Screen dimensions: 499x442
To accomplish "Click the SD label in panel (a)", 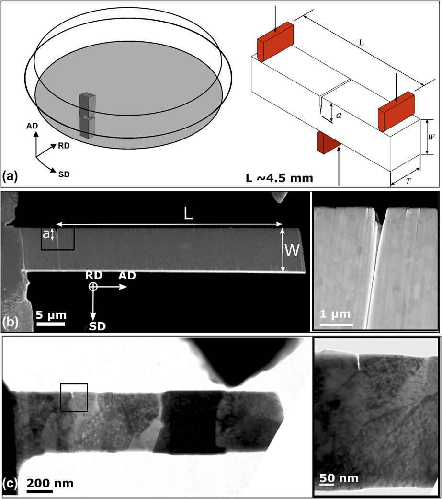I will coord(63,174).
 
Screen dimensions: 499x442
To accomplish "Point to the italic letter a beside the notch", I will coord(339,116).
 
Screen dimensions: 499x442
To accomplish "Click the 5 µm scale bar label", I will coord(51,316).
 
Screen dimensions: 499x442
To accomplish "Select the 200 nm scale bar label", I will coord(50,483).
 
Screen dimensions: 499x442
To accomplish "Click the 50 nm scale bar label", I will coord(335,480).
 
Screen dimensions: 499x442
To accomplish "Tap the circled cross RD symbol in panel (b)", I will coord(93,287).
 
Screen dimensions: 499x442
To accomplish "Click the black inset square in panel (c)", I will coord(74,397).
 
